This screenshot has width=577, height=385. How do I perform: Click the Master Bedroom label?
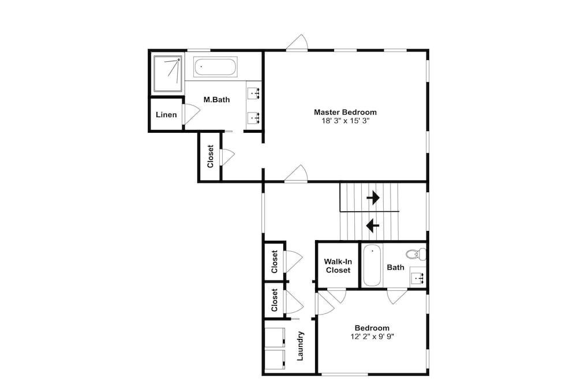pyautogui.click(x=345, y=112)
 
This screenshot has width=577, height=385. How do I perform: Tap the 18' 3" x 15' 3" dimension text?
pyautogui.click(x=345, y=121)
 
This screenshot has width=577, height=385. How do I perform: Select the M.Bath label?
pyautogui.click(x=217, y=99)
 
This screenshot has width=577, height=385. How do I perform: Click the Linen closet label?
pyautogui.click(x=166, y=114)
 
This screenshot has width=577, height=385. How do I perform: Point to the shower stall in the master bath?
pyautogui.click(x=168, y=74)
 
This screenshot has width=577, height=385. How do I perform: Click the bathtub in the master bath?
pyautogui.click(x=215, y=67)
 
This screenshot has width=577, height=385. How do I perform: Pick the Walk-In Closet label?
pyautogui.click(x=338, y=266)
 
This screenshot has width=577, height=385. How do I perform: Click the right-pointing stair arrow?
pyautogui.click(x=373, y=197)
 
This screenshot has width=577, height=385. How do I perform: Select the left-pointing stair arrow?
pyautogui.click(x=373, y=225)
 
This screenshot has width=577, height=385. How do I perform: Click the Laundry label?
pyautogui.click(x=300, y=346)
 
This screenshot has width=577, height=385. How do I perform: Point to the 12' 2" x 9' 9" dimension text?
pyautogui.click(x=372, y=336)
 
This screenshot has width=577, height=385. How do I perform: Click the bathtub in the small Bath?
pyautogui.click(x=372, y=265)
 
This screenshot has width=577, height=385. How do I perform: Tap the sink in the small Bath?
pyautogui.click(x=418, y=277)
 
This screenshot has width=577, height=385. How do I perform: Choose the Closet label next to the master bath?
pyautogui.click(x=211, y=156)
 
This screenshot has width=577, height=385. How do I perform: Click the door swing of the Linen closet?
pyautogui.click(x=191, y=114)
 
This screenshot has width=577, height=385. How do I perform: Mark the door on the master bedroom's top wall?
pyautogui.click(x=297, y=42)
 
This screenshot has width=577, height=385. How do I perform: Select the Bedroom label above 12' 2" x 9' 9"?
pyautogui.click(x=372, y=328)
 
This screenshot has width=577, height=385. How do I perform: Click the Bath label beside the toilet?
pyautogui.click(x=396, y=268)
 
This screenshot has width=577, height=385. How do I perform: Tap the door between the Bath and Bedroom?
pyautogui.click(x=397, y=297)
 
